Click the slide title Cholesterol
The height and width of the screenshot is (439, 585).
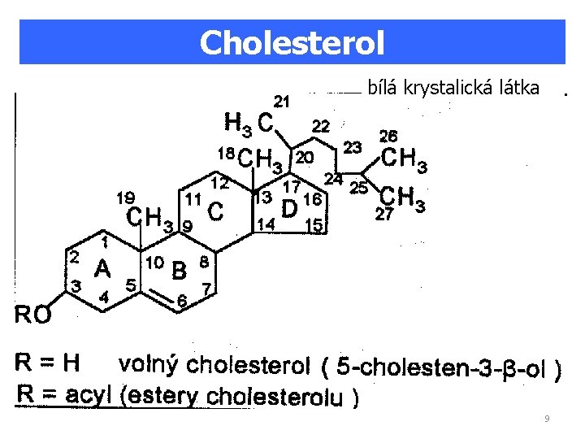click(292, 42)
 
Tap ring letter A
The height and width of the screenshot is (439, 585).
click(102, 267)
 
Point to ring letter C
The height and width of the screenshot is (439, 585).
click(215, 211)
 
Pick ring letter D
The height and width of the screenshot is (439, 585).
click(288, 209)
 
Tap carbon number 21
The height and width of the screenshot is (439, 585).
click(283, 102)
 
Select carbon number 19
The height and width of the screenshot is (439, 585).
click(125, 197)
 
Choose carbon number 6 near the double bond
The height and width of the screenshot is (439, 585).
click(183, 302)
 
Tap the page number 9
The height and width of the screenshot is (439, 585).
click(547, 419)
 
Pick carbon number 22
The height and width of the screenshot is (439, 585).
click(322, 126)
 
